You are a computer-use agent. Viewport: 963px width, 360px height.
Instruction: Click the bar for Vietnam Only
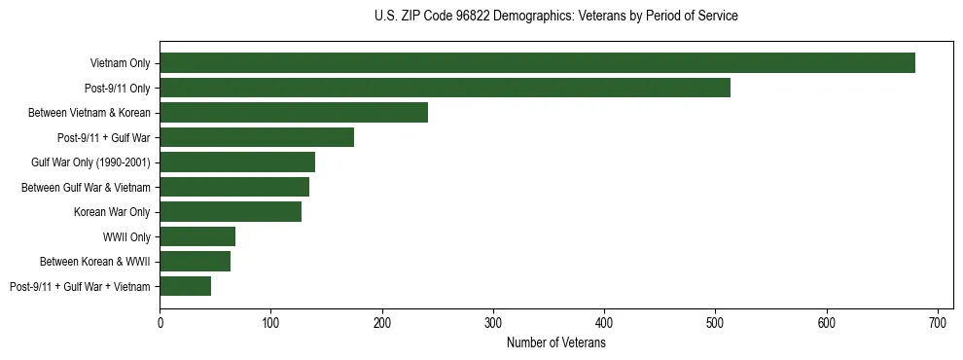[x=537, y=63]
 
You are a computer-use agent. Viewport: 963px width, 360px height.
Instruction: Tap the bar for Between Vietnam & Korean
[x=294, y=113]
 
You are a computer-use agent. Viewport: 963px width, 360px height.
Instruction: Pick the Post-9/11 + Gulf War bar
[x=257, y=137]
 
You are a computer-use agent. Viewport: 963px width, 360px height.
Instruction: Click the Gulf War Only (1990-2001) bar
[x=237, y=162]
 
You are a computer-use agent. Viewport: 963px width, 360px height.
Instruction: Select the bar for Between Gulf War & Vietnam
[x=234, y=187]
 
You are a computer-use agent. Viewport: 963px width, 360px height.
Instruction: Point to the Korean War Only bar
[x=231, y=211]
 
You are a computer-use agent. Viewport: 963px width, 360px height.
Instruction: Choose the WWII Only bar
[x=197, y=236]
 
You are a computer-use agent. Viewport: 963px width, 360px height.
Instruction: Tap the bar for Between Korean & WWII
[x=195, y=261]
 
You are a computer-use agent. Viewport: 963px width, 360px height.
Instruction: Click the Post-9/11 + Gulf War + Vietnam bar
[x=185, y=286]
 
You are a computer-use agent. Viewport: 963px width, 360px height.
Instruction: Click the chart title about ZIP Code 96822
[x=555, y=17]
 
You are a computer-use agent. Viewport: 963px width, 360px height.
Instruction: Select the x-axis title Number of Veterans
[x=555, y=343]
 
